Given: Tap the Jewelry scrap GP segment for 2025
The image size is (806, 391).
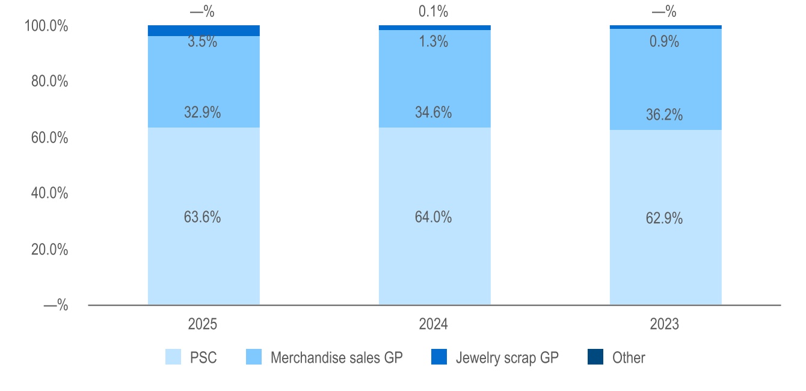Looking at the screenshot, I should [x=203, y=31].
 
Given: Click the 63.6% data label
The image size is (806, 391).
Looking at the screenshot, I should [x=202, y=217].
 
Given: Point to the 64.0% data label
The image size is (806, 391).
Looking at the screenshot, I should [x=433, y=217].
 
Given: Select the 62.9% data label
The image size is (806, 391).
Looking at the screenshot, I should [x=664, y=218].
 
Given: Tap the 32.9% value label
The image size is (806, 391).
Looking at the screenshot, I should [x=202, y=112].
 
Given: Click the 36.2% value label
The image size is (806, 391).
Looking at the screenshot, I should [x=664, y=115].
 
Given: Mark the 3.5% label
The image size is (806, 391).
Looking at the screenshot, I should [x=202, y=42].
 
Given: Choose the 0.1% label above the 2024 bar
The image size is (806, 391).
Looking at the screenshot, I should [x=433, y=11].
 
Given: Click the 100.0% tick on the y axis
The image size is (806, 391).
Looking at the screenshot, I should [x=46, y=26].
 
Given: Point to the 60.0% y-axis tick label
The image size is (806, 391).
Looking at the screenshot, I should [x=49, y=138].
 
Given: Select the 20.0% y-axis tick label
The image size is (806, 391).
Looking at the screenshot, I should [x=49, y=249].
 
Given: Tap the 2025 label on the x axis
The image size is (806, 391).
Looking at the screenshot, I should [x=203, y=324].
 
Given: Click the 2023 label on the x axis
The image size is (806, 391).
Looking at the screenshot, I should [x=665, y=324].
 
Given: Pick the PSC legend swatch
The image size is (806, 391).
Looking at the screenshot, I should [x=173, y=357].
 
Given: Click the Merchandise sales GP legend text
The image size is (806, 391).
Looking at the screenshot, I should [x=336, y=357].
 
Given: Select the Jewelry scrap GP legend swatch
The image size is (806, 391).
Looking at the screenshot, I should [x=438, y=357].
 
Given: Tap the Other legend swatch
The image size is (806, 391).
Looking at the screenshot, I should [x=595, y=357].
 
